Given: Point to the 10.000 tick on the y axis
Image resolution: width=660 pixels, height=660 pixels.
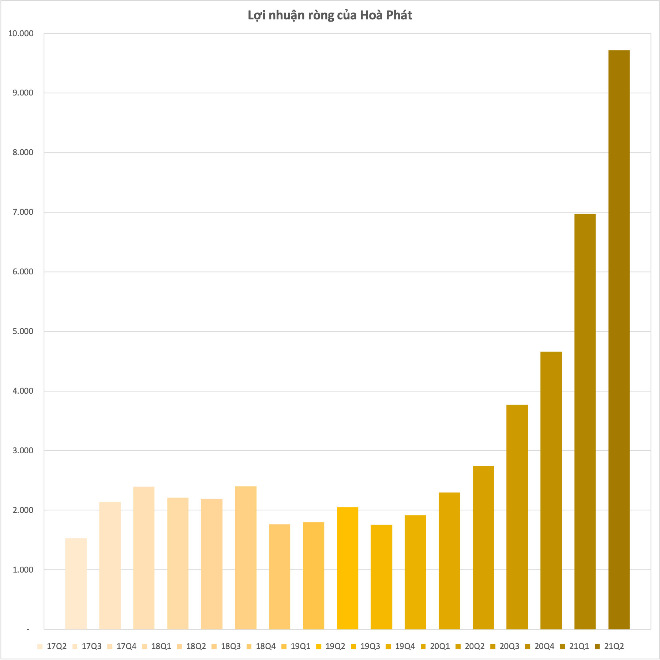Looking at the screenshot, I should pos(21,34).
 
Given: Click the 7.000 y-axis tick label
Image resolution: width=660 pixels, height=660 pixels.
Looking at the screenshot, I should pos(23,212).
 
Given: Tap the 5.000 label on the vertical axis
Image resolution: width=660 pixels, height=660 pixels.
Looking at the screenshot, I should pos(23,331).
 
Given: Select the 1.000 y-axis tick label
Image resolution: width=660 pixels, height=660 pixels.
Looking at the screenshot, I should pos(23,570).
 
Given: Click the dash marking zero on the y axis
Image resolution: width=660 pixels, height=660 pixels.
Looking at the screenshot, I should pos(28,629).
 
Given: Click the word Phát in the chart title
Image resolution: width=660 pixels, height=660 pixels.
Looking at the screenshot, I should pos(398,15).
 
